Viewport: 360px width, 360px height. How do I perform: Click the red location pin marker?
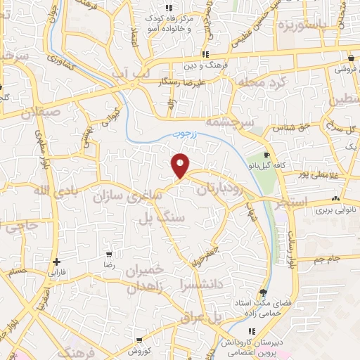[x=181, y=165]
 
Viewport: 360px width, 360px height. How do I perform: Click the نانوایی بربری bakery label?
[x=313, y=210]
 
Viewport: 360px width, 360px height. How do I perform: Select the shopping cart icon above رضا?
[x=108, y=254]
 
